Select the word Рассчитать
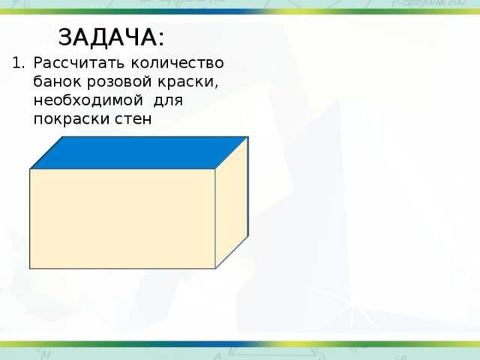[79, 63]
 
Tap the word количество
[178, 63]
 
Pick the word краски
[186, 82]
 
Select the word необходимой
[88, 100]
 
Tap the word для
[168, 100]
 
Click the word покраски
[71, 119]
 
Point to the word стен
[133, 119]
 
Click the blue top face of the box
[139, 152]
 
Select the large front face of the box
[122, 219]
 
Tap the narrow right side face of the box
[232, 203]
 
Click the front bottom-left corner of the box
[30, 268]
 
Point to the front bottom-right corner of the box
[215, 268]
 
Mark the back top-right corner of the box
[248, 137]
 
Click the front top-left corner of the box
[30, 169]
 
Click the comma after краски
[216, 86]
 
